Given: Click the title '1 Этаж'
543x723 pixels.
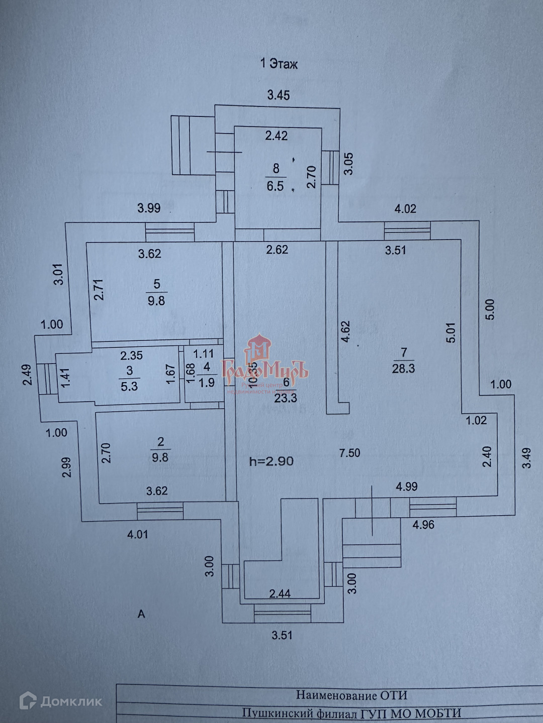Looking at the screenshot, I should point(279,64).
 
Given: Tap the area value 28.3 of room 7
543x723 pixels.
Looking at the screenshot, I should point(403,369).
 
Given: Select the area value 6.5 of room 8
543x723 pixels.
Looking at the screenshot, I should point(275,186).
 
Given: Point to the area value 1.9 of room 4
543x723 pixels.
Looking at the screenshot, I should point(206,383).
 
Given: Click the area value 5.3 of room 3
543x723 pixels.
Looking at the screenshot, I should point(129,386).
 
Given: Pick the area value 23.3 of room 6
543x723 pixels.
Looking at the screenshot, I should point(287,398).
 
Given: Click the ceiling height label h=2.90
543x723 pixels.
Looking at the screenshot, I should point(271,461).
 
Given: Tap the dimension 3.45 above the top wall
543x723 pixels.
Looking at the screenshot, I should point(278,95).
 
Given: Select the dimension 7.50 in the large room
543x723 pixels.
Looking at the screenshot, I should point(349,453).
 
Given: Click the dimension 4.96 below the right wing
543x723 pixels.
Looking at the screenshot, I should point(423,525).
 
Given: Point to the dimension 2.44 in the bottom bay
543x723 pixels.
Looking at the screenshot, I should point(280,594).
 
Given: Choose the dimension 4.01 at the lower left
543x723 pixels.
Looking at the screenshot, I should point(137,534).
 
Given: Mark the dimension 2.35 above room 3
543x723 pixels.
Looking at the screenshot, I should point(131,355).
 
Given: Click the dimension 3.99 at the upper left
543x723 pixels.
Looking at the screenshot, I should point(149,208).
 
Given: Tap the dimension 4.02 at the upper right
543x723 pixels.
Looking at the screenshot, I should point(405,208).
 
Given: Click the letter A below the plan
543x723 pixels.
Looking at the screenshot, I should point(141,614).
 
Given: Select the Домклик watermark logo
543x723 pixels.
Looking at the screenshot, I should point(61,701).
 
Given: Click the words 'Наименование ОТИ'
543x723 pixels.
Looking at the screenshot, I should point(351,695).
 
